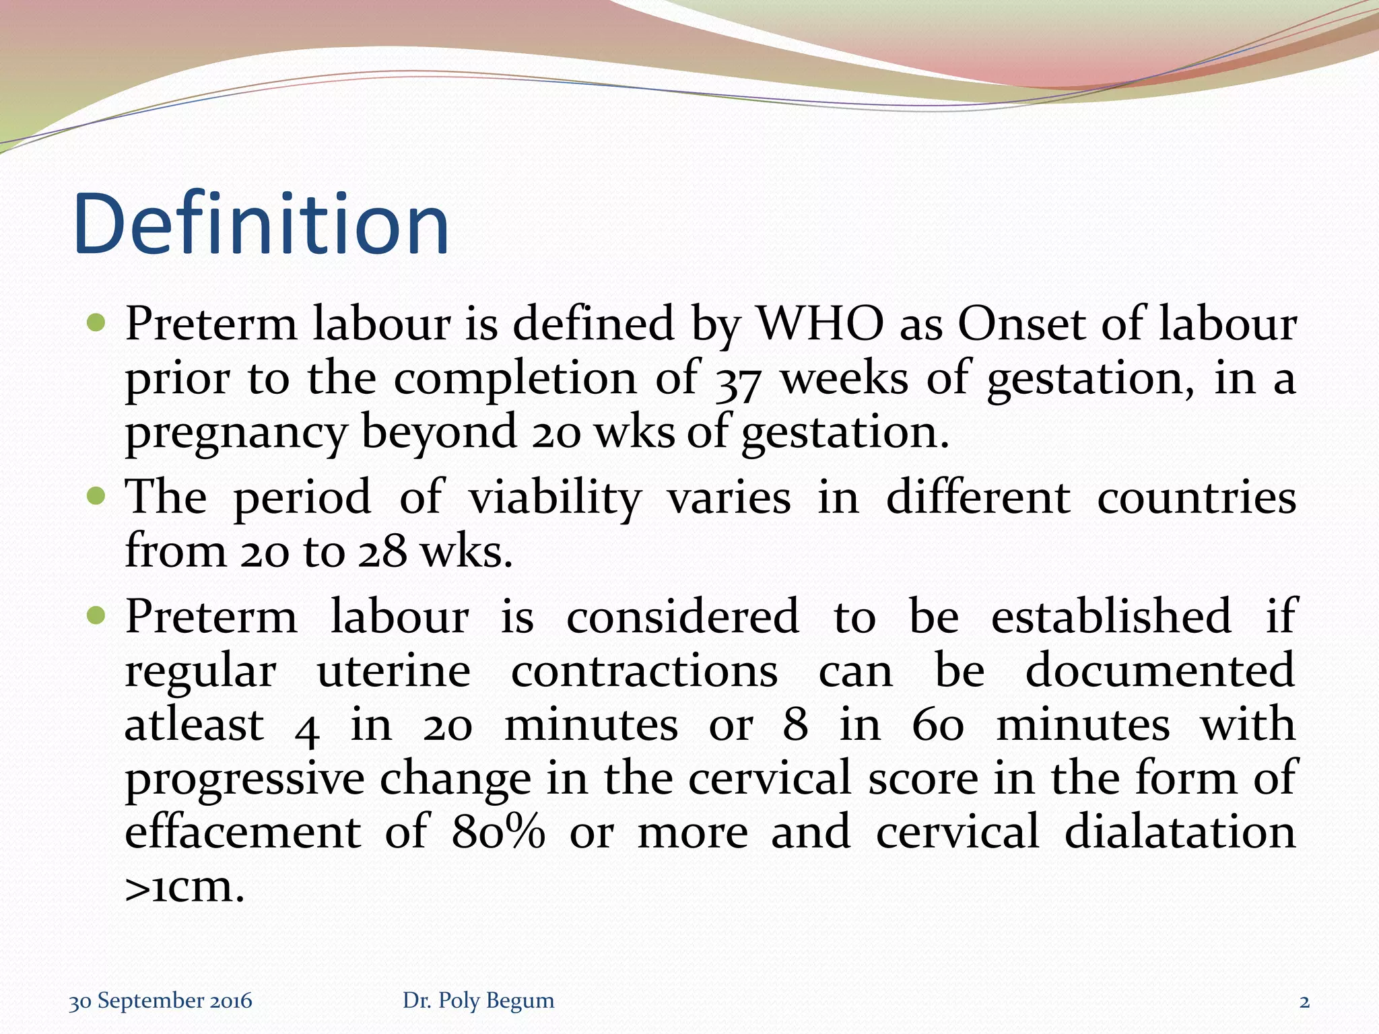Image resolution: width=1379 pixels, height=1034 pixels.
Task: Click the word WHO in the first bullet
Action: tap(820, 324)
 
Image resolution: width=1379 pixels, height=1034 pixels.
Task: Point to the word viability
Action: tap(555, 499)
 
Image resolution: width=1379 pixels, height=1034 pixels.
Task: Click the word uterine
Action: tap(394, 671)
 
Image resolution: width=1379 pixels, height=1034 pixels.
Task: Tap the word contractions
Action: tap(644, 671)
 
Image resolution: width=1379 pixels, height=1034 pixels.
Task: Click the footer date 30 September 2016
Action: tap(160, 1001)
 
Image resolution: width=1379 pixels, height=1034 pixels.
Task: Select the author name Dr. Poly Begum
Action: tap(478, 1001)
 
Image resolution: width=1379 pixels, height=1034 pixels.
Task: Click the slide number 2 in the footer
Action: tap(1304, 1002)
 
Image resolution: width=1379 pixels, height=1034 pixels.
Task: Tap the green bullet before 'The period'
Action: tap(97, 497)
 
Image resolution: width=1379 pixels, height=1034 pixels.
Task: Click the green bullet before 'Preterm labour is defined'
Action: tap(97, 324)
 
